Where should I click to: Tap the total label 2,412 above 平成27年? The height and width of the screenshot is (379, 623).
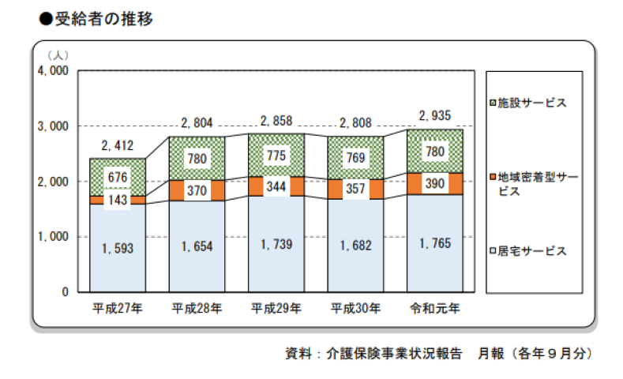[x=118, y=145]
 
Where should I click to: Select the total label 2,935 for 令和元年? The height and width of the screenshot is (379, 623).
[x=434, y=115]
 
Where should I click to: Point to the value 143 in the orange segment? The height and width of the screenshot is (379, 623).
[x=118, y=201]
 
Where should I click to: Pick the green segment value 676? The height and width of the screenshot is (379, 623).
[x=118, y=177]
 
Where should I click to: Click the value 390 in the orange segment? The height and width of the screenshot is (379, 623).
[x=434, y=183]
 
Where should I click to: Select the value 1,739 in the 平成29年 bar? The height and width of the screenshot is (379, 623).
[x=276, y=244]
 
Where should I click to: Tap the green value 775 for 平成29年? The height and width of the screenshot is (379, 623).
[x=276, y=155]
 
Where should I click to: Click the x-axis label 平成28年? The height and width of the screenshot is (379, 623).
[x=197, y=308]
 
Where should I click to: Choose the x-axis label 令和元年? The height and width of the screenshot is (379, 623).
[x=434, y=308]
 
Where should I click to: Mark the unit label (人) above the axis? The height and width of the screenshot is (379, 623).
[x=58, y=54]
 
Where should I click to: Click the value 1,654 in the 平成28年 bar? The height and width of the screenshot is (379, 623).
[x=197, y=246]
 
